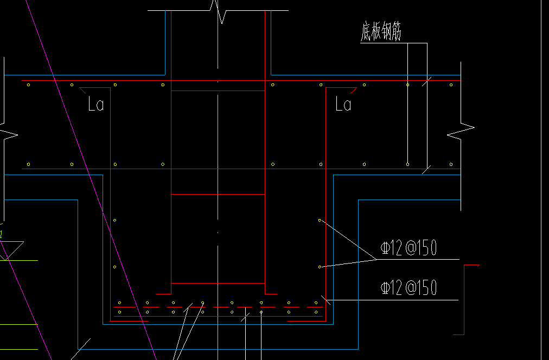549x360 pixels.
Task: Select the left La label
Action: (95, 104)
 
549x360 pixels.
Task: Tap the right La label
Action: (343, 104)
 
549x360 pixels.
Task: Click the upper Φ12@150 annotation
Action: (408, 248)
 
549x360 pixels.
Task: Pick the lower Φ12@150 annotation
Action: (408, 288)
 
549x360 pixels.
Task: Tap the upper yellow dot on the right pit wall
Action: (320, 220)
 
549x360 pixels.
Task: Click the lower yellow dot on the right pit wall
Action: (320, 267)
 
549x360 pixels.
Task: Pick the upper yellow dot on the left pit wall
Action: (114, 220)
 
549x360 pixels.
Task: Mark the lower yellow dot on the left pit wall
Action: (114, 267)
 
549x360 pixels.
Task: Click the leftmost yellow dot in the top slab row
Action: (28, 85)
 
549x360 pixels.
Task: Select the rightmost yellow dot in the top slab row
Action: (451, 85)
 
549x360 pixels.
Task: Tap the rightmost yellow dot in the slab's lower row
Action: (451, 164)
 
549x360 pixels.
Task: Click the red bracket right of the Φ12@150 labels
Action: (465, 298)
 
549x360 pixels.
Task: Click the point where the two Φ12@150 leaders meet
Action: (377, 259)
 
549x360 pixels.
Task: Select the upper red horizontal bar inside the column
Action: (218, 194)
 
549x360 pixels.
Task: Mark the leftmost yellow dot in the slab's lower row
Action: (28, 164)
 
